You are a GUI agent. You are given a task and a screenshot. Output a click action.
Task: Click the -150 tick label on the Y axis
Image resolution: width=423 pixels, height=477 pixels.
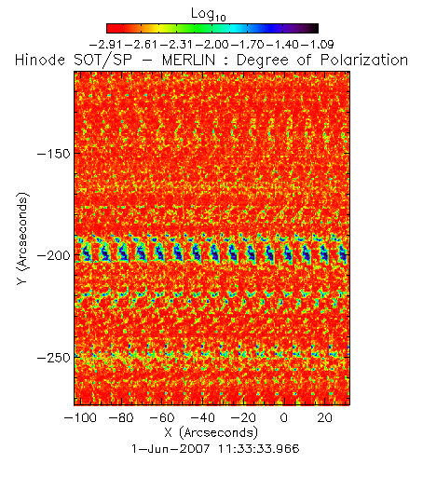tap(54, 154)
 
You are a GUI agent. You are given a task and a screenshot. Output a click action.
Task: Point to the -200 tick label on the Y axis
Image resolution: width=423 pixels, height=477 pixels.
tap(54, 255)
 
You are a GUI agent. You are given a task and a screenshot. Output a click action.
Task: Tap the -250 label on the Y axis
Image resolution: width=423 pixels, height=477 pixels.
tap(54, 358)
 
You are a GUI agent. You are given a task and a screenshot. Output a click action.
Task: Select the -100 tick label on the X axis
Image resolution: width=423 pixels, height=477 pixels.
tap(80, 417)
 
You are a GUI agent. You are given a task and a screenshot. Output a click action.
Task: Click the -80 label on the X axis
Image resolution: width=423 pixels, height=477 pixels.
tap(121, 417)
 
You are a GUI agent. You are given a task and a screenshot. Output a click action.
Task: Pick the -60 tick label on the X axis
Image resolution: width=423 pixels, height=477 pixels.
tap(162, 417)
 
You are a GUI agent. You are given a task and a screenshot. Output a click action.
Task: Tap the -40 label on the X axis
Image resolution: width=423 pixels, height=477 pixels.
tap(202, 417)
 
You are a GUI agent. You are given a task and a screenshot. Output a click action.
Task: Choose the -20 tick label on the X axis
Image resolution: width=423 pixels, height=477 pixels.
tap(243, 417)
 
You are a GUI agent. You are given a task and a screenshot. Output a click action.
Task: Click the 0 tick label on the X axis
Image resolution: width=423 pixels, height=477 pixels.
tap(284, 417)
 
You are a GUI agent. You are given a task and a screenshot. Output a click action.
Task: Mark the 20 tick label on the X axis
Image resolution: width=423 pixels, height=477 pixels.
tap(324, 417)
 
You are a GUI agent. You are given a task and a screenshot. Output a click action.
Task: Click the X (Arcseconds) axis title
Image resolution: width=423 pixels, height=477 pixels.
tap(211, 432)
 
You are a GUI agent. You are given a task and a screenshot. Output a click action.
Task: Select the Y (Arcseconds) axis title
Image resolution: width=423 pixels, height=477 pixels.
tap(22, 238)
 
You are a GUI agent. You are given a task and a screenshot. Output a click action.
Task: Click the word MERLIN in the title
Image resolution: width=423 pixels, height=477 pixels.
tap(188, 61)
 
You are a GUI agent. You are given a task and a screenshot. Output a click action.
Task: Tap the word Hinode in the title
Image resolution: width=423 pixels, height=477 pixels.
tap(40, 61)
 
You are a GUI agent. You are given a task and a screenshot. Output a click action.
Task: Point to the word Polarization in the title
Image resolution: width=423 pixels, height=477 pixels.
tap(364, 61)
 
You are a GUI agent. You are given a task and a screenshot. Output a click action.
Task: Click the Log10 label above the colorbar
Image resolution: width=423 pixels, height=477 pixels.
tap(209, 14)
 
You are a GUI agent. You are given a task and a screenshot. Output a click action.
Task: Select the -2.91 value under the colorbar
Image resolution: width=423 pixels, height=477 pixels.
tap(106, 45)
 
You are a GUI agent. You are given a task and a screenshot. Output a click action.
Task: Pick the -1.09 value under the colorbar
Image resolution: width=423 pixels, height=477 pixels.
tap(318, 45)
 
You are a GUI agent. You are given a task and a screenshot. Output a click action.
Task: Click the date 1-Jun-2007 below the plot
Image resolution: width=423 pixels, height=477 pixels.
tap(171, 448)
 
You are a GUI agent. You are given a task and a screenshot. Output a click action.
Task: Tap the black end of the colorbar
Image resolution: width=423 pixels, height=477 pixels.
tap(314, 28)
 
